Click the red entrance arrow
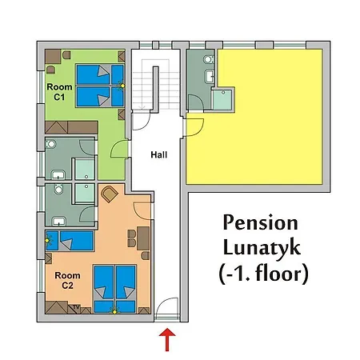(x=167, y=339)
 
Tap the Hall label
(x=159, y=154)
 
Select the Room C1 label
(x=59, y=92)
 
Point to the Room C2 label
(x=67, y=280)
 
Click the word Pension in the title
(x=260, y=223)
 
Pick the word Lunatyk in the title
(x=262, y=248)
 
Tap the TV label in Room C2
(x=76, y=307)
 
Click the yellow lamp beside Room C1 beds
(x=122, y=86)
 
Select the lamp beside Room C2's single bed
(x=47, y=241)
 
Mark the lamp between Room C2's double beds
(x=115, y=310)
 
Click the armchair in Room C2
(x=110, y=194)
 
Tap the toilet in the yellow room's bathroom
(x=209, y=59)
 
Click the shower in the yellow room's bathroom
(x=222, y=100)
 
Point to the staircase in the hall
(x=155, y=84)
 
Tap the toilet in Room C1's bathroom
(x=50, y=144)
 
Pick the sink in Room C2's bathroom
(x=59, y=221)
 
